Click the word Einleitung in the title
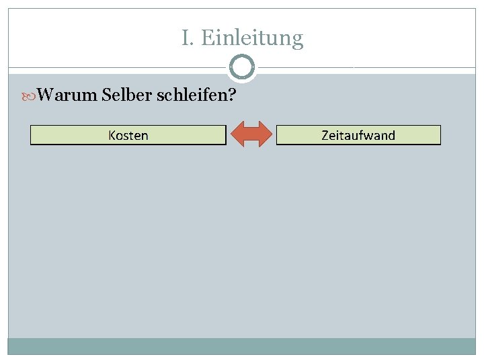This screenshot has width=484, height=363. tap(252, 38)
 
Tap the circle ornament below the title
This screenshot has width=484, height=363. tap(242, 67)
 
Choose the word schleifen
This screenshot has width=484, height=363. tap(192, 95)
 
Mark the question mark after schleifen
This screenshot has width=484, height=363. tap(232, 95)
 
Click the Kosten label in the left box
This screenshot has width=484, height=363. tap(128, 135)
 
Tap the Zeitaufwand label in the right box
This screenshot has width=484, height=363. tap(358, 135)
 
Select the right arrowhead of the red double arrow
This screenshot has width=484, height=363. tap(266, 134)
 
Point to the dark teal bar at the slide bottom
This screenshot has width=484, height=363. tap(242, 346)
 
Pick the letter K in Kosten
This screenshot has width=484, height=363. tap(112, 135)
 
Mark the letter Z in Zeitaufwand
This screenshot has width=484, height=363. tap(325, 135)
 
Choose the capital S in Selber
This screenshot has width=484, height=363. tap(108, 95)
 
